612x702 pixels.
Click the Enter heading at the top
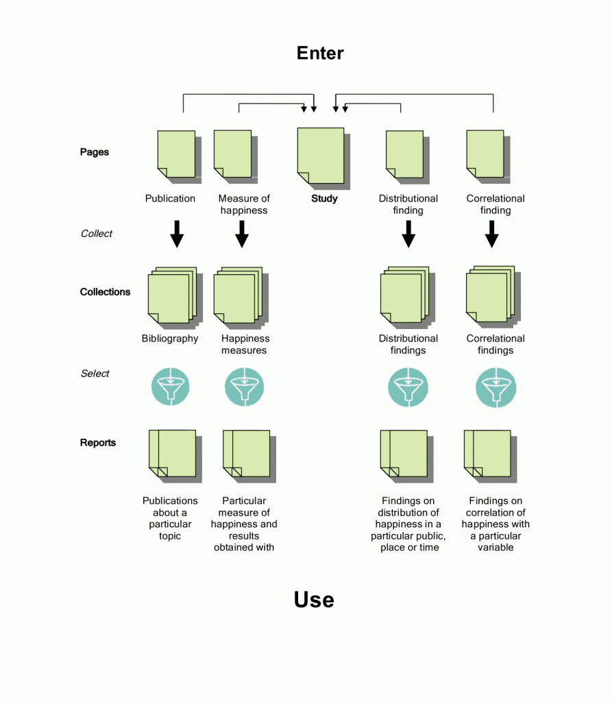[320, 53]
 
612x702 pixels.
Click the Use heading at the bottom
[314, 600]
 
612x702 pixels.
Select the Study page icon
[321, 156]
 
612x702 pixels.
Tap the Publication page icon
[176, 154]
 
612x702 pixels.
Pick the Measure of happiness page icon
[233, 154]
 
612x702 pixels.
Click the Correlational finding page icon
[485, 154]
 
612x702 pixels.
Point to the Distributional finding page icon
[404, 154]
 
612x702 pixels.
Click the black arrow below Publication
[177, 234]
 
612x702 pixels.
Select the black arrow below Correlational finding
[491, 234]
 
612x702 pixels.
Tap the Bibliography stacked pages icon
[172, 295]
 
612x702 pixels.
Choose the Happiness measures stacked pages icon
[236, 295]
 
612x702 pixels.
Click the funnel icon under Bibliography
[170, 387]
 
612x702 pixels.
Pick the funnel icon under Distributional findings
[408, 387]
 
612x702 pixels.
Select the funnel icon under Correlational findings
[495, 387]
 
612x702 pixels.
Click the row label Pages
[95, 152]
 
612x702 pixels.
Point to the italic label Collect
[97, 234]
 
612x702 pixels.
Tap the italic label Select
[95, 374]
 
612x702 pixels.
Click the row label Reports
[98, 443]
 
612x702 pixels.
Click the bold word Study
[324, 199]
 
